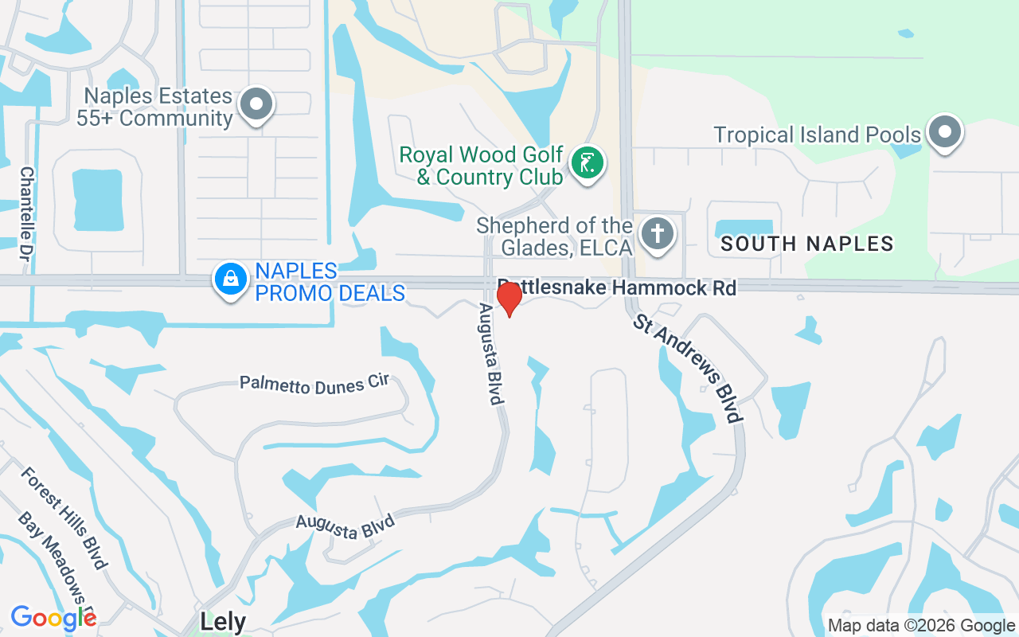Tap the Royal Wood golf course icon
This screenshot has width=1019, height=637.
588,164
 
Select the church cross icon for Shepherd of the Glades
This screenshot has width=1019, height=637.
657,235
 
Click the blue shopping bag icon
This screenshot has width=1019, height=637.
230,279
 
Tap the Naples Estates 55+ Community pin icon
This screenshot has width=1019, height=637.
256,104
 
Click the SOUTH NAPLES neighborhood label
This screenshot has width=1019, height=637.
807,244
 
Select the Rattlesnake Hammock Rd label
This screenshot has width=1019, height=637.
617,287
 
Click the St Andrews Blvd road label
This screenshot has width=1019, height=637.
689,368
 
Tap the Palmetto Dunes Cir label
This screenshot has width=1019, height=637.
314,382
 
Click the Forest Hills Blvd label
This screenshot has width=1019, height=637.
64,518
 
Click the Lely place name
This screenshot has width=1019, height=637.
223,622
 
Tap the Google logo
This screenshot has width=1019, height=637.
53,618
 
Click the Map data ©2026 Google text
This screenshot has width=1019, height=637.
921,626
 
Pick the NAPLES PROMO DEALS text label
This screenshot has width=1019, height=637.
330,283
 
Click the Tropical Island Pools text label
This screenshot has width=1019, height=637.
817,135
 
